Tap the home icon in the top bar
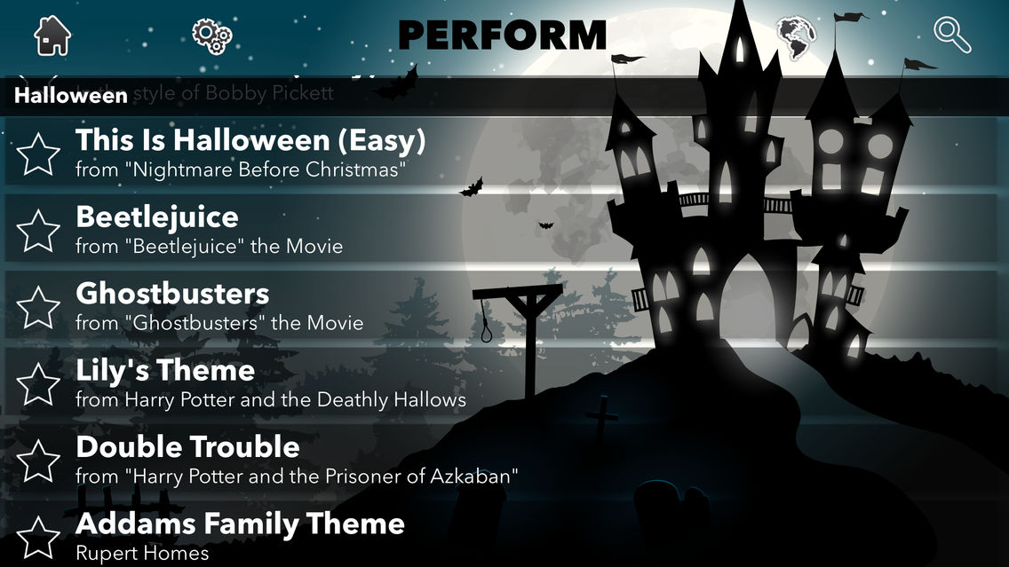tap(52, 35)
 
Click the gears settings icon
tap(212, 35)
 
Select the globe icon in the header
tap(796, 35)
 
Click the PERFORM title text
tap(502, 35)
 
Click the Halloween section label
tap(71, 95)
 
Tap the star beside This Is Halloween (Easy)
tap(38, 154)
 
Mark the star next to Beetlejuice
tap(38, 231)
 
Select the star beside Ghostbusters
tap(38, 307)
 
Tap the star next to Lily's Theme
tap(38, 384)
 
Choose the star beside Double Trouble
tap(38, 461)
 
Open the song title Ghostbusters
tap(172, 294)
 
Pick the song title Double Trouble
tap(187, 446)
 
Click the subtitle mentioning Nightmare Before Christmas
tap(241, 169)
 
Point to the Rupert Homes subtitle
tap(142, 554)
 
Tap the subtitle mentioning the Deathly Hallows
tap(271, 400)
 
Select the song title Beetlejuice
tap(157, 217)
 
